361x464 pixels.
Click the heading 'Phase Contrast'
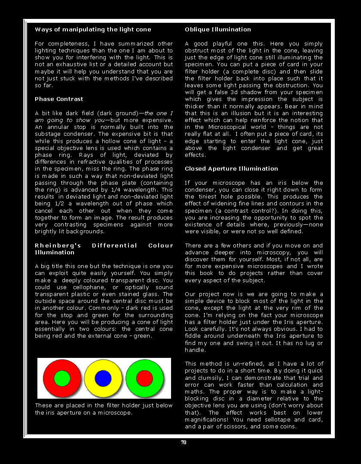59,99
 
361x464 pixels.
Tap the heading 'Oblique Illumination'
218,30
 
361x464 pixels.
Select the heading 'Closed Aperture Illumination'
231,169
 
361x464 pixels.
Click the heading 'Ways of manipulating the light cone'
93,30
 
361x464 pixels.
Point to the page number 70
184,443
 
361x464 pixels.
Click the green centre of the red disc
62,379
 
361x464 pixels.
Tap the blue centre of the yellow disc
103,379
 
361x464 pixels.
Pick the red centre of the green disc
144,379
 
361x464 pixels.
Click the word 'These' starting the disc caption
43,406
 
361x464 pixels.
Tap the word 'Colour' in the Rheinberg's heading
161,246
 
